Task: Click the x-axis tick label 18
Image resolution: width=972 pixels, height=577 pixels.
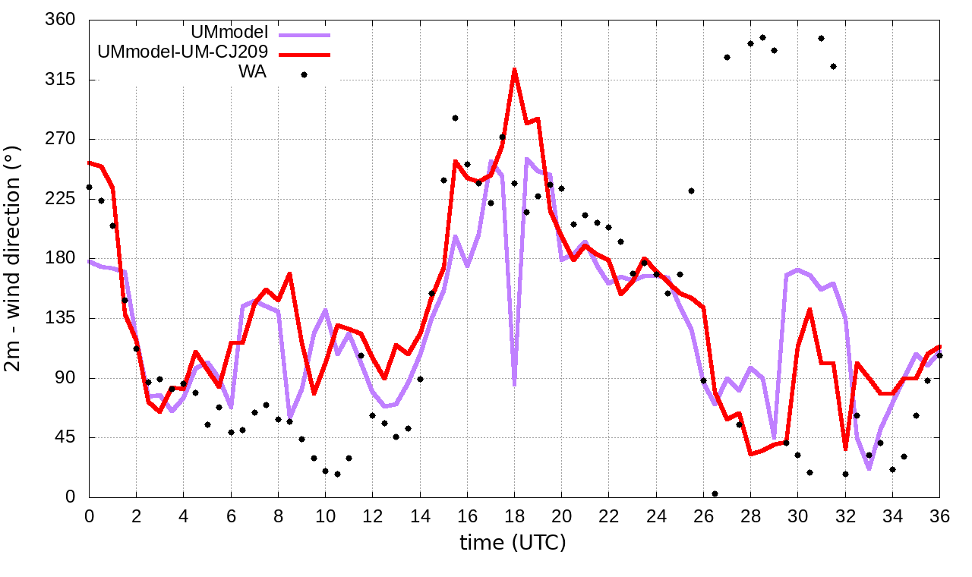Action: point(514,516)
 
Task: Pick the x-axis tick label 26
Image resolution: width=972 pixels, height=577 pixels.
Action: point(703,516)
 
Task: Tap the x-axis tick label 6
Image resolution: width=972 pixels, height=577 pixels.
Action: point(231,516)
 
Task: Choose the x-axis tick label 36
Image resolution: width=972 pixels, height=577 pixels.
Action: point(939,516)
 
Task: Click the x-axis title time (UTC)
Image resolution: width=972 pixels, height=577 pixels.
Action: point(513,543)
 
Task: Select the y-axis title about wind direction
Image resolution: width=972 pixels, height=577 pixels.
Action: point(15,258)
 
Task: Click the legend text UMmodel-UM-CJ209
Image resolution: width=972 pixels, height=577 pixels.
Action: point(182,53)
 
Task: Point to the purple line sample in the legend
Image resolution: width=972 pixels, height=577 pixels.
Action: point(305,34)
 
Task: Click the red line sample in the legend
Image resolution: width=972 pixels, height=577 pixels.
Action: point(305,54)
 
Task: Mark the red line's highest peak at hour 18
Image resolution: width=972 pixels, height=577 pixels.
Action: point(514,70)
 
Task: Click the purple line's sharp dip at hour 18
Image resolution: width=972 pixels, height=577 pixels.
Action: point(514,384)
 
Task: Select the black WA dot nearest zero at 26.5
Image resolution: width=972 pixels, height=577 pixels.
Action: point(715,493)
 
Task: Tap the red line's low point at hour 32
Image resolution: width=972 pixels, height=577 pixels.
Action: point(845,449)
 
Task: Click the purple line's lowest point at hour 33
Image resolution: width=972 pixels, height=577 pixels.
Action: point(869,468)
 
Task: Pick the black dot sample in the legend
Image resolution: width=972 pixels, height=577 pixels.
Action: point(304,74)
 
